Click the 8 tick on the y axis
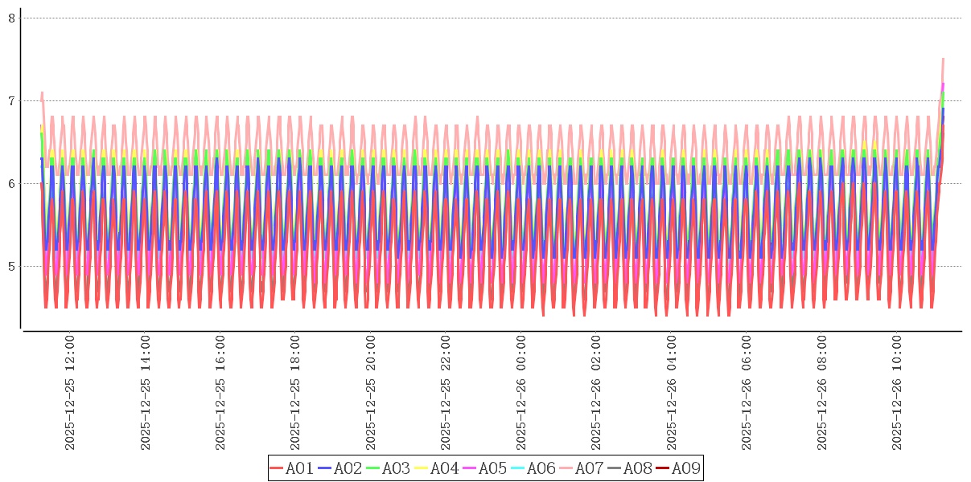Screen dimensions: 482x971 (12, 18)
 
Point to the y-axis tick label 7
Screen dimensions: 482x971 (12, 100)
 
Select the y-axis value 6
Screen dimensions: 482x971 (12, 183)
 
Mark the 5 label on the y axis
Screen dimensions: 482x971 (12, 266)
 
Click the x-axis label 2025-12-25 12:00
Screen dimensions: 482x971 (69, 393)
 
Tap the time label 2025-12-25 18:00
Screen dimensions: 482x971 (295, 393)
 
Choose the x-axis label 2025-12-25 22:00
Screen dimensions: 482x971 (446, 393)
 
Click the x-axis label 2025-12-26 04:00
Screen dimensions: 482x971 (672, 393)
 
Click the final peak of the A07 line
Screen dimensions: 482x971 (943, 59)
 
